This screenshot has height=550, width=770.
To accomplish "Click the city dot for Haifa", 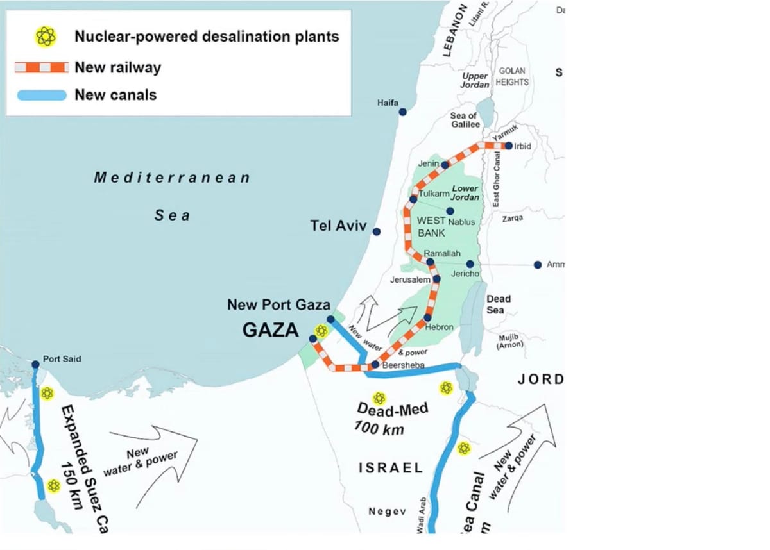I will [x=402, y=112].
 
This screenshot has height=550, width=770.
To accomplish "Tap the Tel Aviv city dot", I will [x=377, y=231].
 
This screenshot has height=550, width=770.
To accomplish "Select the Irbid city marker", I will [x=508, y=146].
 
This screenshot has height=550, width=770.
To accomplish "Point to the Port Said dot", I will [x=35, y=364].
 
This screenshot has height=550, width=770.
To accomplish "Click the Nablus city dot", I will [x=450, y=211].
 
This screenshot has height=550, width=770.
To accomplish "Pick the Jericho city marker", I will [x=470, y=263].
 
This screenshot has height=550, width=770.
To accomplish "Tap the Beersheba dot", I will [x=375, y=364].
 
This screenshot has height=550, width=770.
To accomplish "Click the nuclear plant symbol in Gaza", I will [x=321, y=331].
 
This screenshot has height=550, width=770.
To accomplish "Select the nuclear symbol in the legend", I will [x=46, y=37].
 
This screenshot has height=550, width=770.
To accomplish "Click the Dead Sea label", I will [x=498, y=304].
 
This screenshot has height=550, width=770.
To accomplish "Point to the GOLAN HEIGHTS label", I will [x=513, y=76].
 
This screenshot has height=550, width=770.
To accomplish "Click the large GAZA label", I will [x=270, y=330].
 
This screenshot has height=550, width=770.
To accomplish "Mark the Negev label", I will [x=388, y=511].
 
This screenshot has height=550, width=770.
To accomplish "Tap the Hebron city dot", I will [x=427, y=318].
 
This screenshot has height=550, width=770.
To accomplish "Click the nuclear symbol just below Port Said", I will [x=47, y=393].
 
